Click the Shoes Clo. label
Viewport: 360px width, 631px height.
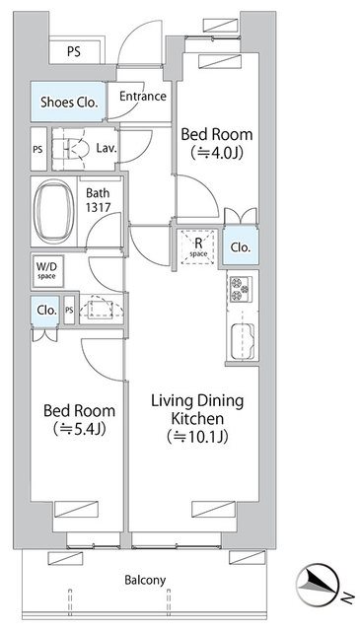coord(69,103)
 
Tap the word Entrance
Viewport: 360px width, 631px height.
coord(143,97)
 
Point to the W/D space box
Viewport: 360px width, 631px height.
coord(47,271)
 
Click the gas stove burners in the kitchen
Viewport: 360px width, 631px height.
coord(240,289)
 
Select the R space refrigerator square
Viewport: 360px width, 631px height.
coord(198,246)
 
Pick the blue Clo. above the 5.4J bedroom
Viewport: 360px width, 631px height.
coord(45,312)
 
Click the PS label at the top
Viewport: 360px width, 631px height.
coord(74,52)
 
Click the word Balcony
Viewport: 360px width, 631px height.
coord(145,581)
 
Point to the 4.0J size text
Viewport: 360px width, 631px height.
coord(217,153)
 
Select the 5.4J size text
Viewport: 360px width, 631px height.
coord(79,430)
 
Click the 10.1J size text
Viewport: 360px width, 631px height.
coord(197,437)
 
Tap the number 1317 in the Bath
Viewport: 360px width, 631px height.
coord(98,207)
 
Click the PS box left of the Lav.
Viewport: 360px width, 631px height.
coord(38,149)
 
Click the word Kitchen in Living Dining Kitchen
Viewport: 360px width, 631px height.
coord(197,418)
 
